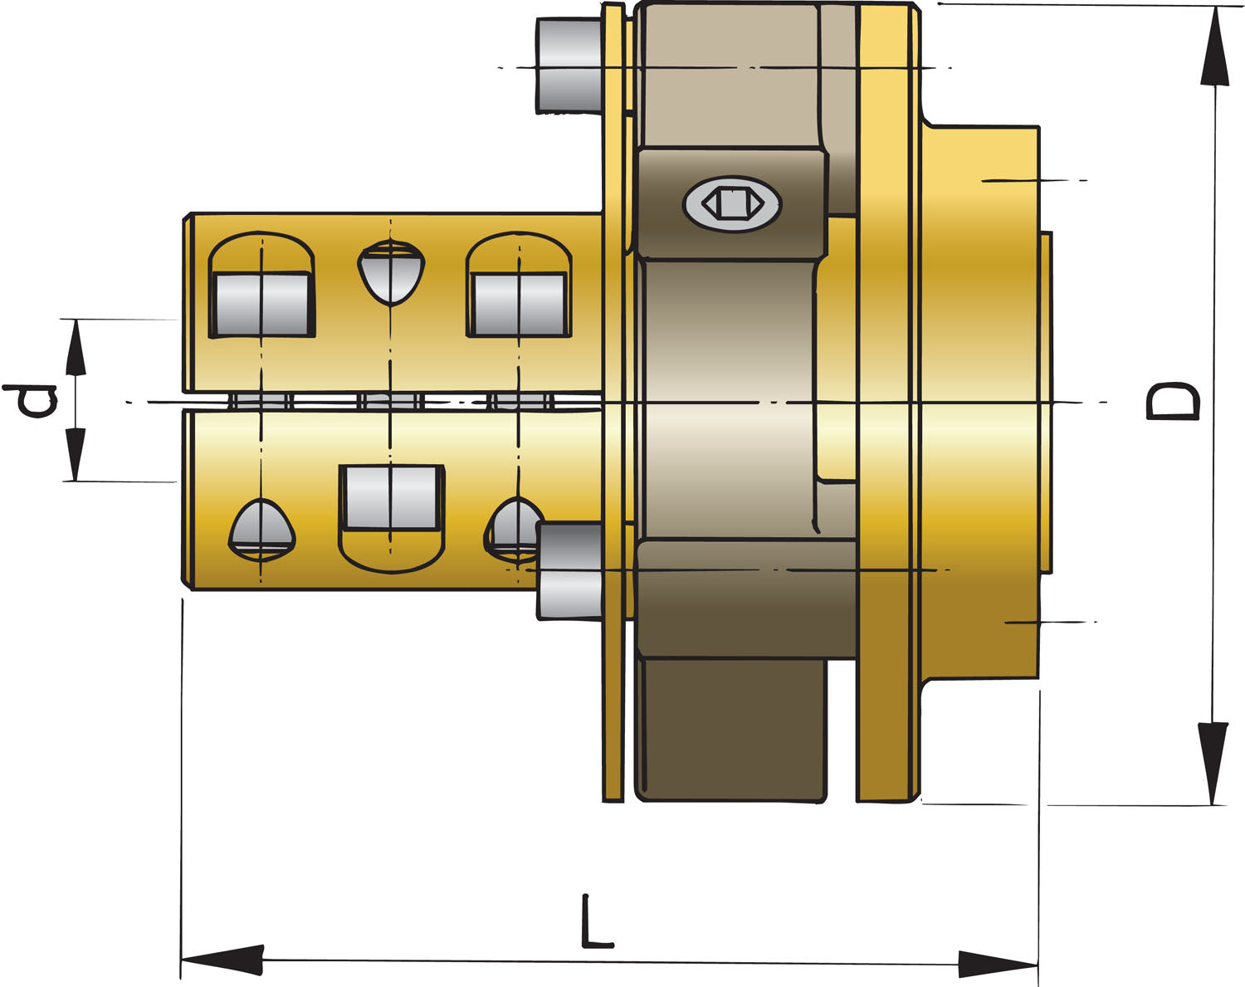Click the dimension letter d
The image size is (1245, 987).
coord(31,401)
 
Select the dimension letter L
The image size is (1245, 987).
coord(595,922)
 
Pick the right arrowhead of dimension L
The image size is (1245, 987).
coord(997,964)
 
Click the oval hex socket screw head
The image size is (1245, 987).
coord(731,203)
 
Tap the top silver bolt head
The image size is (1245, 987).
coord(569,65)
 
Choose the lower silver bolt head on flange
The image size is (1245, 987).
coord(570,570)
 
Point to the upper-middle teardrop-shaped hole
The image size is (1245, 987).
coord(391,272)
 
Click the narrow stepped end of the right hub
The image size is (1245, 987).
coord(1046,403)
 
